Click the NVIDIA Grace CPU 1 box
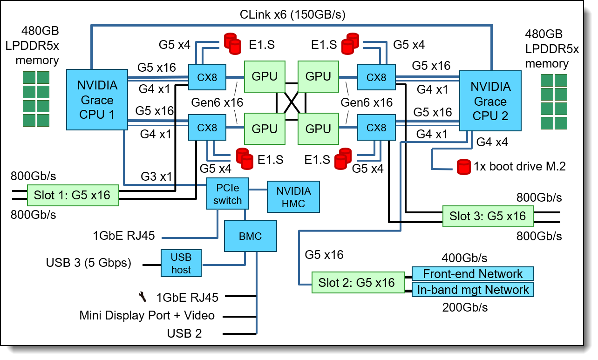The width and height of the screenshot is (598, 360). click(97, 100)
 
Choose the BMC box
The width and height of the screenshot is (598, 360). click(250, 237)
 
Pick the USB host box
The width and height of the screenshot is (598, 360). click(181, 263)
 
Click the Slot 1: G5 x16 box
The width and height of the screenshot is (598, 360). click(72, 195)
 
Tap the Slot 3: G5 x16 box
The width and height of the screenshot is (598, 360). click(487, 216)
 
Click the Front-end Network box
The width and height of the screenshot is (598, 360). click(472, 273)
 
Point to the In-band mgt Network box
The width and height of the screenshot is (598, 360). click(472, 290)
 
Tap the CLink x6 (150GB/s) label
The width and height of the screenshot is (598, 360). click(292, 14)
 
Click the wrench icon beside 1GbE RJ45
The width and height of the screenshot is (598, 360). click(143, 296)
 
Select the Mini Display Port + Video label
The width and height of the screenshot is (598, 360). click(147, 316)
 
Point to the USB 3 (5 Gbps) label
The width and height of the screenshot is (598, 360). click(88, 263)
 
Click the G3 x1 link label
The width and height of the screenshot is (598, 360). click(156, 177)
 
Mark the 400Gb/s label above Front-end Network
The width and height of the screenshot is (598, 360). click(464, 258)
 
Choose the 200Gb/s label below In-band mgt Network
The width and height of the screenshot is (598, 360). click(464, 307)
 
